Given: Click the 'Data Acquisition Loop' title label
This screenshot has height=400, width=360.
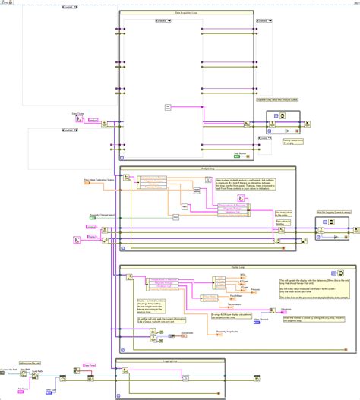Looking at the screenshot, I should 188,14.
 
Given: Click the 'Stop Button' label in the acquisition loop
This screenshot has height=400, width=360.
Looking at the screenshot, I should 242,153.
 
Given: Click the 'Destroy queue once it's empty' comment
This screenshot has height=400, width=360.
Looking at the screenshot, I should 294,142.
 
